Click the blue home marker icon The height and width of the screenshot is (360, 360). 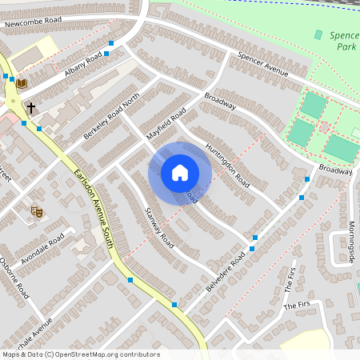tap(180, 172)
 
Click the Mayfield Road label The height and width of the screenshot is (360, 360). tap(166, 125)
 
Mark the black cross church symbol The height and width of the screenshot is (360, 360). tap(30, 106)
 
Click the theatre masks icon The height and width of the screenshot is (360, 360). tap(36, 211)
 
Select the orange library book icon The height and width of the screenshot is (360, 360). tap(22, 83)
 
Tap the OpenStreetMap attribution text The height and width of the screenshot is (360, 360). tap(81, 354)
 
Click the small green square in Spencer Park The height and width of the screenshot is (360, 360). tap(318, 34)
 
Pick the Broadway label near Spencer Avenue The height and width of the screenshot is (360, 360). tap(220, 102)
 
